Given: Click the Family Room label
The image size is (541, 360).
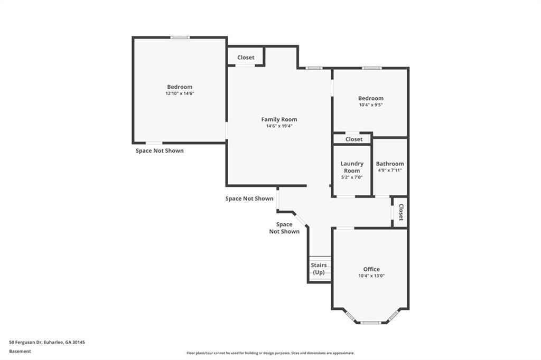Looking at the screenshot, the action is tap(279, 119).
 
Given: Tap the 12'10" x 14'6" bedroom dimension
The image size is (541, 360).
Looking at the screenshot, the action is tap(180, 93).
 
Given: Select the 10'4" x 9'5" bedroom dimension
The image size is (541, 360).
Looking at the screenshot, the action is tap(370, 105).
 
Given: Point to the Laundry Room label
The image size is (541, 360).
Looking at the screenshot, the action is tap(352, 167).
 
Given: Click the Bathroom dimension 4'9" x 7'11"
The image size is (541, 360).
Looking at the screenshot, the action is tap(389, 170).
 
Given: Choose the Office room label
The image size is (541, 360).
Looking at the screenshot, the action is tap(371, 269).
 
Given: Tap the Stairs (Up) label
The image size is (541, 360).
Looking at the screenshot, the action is tap(319, 269).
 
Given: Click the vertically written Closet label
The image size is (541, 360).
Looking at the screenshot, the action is tap(401, 212).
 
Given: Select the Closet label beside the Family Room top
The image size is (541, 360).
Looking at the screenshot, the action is tap(246, 58).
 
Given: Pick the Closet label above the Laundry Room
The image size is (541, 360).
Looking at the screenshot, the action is tap(354, 139).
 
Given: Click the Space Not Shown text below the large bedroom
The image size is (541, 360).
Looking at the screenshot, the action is tap(160, 150).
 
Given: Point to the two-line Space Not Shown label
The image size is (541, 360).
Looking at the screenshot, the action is tap(284, 228).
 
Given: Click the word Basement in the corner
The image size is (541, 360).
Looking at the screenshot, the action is tap(20, 352).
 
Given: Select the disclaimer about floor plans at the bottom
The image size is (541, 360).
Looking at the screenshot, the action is tap(270, 353).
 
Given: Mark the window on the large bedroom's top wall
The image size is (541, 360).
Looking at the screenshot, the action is tap(180, 37).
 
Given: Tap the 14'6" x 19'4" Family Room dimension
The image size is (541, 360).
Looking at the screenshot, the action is tap(279, 126).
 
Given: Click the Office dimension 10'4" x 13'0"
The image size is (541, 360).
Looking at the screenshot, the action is tap(371, 276).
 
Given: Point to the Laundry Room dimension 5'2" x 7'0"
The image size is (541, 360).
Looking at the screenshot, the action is tap(352, 177).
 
